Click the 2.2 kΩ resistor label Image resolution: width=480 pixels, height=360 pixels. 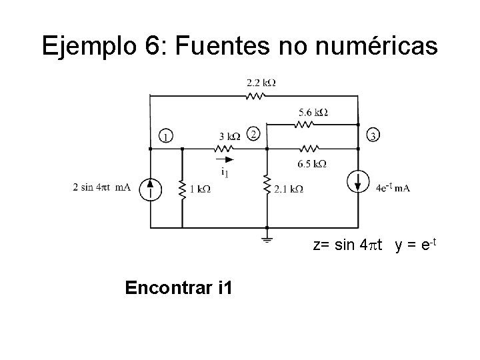pyautogui.click(x=261, y=83)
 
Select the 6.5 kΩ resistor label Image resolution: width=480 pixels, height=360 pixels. pyautogui.click(x=311, y=163)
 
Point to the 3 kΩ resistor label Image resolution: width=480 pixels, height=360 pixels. pyautogui.click(x=229, y=137)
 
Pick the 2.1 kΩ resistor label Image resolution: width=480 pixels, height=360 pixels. pyautogui.click(x=289, y=189)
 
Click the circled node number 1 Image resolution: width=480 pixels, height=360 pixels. pyautogui.click(x=165, y=137)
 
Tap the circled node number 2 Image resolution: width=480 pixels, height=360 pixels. pyautogui.click(x=252, y=134)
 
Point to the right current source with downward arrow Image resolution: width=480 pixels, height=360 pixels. pyautogui.click(x=358, y=181)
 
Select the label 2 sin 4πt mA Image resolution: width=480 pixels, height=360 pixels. pyautogui.click(x=102, y=187)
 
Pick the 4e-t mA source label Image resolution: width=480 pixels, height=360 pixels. pyautogui.click(x=393, y=188)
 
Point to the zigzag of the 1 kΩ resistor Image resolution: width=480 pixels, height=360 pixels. pyautogui.click(x=181, y=189)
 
